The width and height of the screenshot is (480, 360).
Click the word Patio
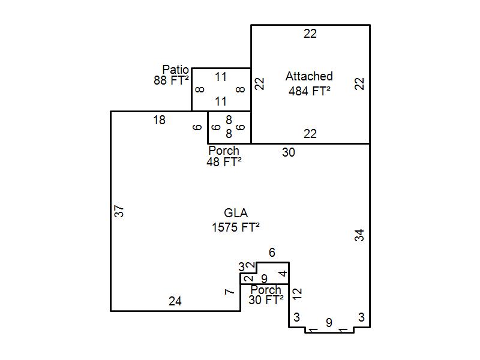point(175,69)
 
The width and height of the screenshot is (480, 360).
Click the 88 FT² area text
point(171,80)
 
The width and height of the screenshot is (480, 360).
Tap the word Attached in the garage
point(309,76)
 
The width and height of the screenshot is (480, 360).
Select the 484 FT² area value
point(310,91)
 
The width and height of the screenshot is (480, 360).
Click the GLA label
point(236,213)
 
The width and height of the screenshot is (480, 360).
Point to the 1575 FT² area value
point(236,227)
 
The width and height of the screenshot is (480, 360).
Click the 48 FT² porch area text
point(224,162)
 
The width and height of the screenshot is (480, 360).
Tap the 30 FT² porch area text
point(266,300)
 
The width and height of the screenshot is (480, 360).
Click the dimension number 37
point(119,211)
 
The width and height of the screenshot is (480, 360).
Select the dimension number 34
point(359,235)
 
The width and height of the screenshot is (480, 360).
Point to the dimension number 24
point(175,302)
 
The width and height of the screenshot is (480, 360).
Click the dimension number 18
point(159,121)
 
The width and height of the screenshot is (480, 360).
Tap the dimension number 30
point(289,152)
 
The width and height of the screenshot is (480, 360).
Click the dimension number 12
point(297,294)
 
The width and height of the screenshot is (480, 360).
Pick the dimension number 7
point(230,292)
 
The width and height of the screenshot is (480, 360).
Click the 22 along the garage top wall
point(310,34)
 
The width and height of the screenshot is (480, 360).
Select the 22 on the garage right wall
point(359,84)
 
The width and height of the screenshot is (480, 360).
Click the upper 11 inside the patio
point(221,77)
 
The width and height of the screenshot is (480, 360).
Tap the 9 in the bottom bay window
point(329,323)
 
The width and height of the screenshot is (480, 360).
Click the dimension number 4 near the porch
point(284,273)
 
